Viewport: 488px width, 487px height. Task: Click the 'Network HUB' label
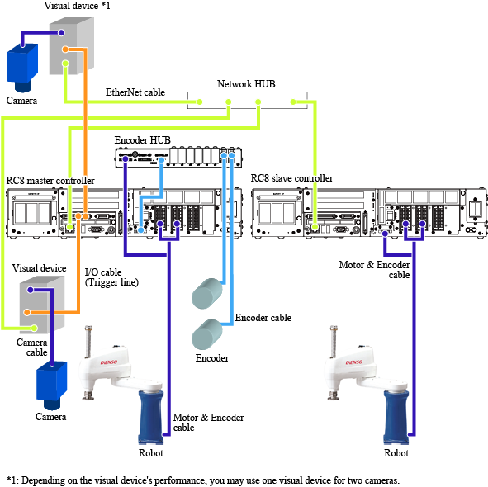point(246,84)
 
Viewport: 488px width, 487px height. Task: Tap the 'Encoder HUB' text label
point(143,140)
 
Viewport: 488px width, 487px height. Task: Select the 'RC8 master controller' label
point(50,181)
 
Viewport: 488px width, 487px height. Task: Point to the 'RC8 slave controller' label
point(292,178)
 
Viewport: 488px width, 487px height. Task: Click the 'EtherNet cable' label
point(135,92)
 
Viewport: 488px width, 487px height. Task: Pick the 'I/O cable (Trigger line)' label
point(111,277)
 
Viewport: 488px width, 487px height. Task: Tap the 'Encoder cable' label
point(263,318)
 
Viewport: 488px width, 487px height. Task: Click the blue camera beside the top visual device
point(22,68)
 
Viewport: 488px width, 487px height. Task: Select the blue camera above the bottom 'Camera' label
point(52,385)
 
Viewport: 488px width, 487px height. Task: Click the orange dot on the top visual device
point(65,50)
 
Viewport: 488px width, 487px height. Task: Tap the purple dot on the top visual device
point(61,33)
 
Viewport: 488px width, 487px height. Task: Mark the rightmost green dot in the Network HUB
point(293,102)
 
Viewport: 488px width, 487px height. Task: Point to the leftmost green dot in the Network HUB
point(200,102)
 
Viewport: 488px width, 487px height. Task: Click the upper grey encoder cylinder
point(207,294)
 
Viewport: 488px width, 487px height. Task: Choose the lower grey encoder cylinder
point(207,334)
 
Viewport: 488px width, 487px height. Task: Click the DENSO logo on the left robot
point(109,362)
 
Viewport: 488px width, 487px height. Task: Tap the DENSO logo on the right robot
point(354,362)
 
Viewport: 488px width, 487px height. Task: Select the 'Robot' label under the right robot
point(396,453)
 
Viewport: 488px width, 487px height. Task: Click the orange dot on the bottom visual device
point(27,312)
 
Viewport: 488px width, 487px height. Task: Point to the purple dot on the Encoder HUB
point(126,159)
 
